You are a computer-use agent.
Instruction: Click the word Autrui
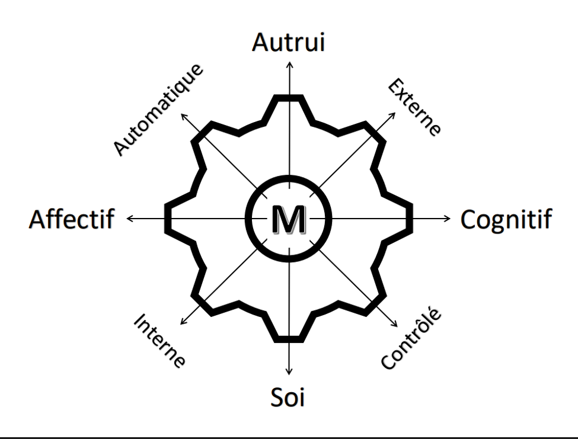pos(288,42)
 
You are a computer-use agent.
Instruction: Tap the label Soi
pos(288,397)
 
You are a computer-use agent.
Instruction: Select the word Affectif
pos(72,219)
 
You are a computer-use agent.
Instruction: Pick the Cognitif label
pos(506,220)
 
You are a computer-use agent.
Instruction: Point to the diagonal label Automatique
pos(158,110)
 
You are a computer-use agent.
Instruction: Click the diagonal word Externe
pos(414,107)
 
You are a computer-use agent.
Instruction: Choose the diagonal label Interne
pos(159,341)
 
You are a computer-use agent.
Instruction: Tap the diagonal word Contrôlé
pos(411,338)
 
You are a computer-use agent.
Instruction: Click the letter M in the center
pos(288,219)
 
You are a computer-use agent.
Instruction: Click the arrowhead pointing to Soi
pos(289,371)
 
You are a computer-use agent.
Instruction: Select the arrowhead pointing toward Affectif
pos(130,219)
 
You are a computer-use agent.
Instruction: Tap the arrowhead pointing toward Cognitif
pos(447,219)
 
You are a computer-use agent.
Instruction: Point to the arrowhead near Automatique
pos(184,117)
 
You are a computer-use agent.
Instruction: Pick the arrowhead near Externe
pos(392,115)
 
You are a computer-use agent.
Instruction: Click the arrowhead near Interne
pos(183,322)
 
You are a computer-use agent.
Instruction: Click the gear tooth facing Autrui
pos(289,97)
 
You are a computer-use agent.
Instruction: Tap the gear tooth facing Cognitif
pos(410,219)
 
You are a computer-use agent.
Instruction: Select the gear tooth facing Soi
pos(289,340)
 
